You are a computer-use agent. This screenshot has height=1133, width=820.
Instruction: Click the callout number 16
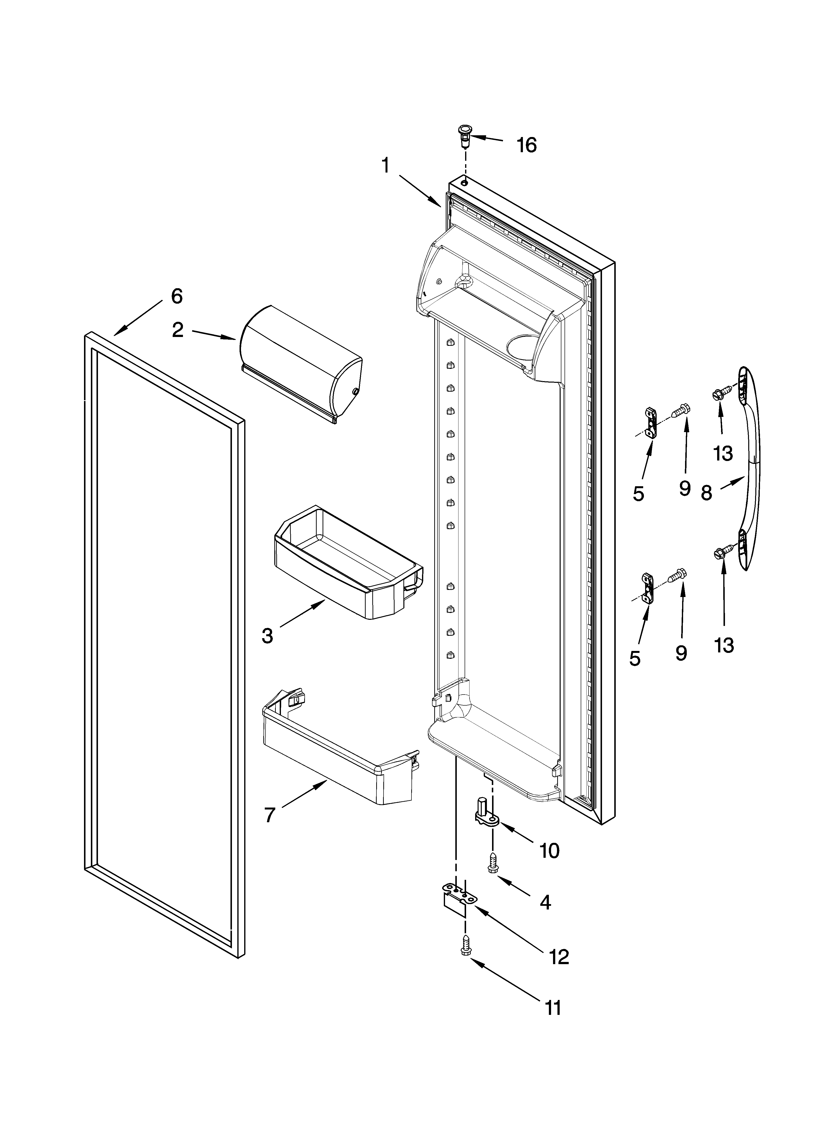point(526,145)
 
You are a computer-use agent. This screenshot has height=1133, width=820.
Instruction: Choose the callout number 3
point(267,636)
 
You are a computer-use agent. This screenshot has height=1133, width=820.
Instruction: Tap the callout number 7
point(270,815)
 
